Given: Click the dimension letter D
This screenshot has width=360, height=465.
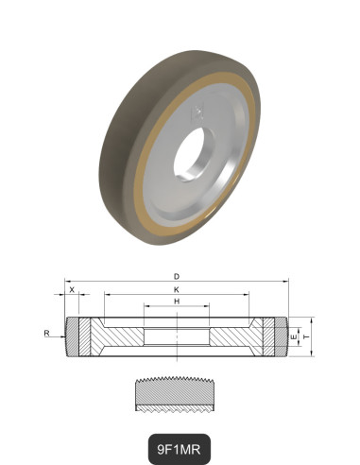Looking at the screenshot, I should tap(177, 277).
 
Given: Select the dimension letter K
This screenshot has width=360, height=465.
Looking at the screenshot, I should tap(177, 289).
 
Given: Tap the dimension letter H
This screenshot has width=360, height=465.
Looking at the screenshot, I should tap(177, 301).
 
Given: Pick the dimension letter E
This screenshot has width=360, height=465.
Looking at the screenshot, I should tap(295, 336).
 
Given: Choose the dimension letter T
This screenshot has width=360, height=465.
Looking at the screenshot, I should tap(304, 336).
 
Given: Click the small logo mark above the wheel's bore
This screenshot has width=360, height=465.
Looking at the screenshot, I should tap(197, 112).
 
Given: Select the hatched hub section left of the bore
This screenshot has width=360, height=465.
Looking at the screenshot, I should tap(118, 337).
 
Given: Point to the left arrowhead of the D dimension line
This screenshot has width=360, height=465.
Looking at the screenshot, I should tap(66, 282).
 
